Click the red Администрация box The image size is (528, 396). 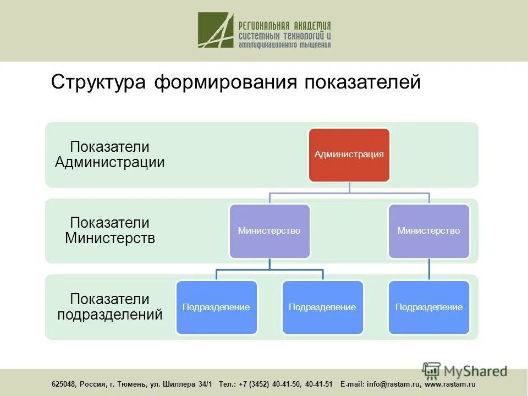coord(349,155)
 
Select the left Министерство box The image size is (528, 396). coord(269,231)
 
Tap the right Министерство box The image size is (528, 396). coord(429,231)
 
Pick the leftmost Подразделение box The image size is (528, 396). coord(216,307)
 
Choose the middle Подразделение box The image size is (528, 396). coord(322,307)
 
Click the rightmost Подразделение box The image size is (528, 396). coord(429,307)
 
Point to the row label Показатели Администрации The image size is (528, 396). coord(110,155)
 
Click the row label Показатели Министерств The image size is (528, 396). coord(110,230)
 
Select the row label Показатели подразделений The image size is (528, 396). coord(110,307)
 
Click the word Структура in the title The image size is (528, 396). coord(98,82)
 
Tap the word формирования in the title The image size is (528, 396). coord(226,82)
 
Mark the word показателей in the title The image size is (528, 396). coord(362,82)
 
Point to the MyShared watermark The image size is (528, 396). coord(465,371)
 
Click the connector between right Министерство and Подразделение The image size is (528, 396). coord(429,269)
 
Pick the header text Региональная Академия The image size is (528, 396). coord(284,25)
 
